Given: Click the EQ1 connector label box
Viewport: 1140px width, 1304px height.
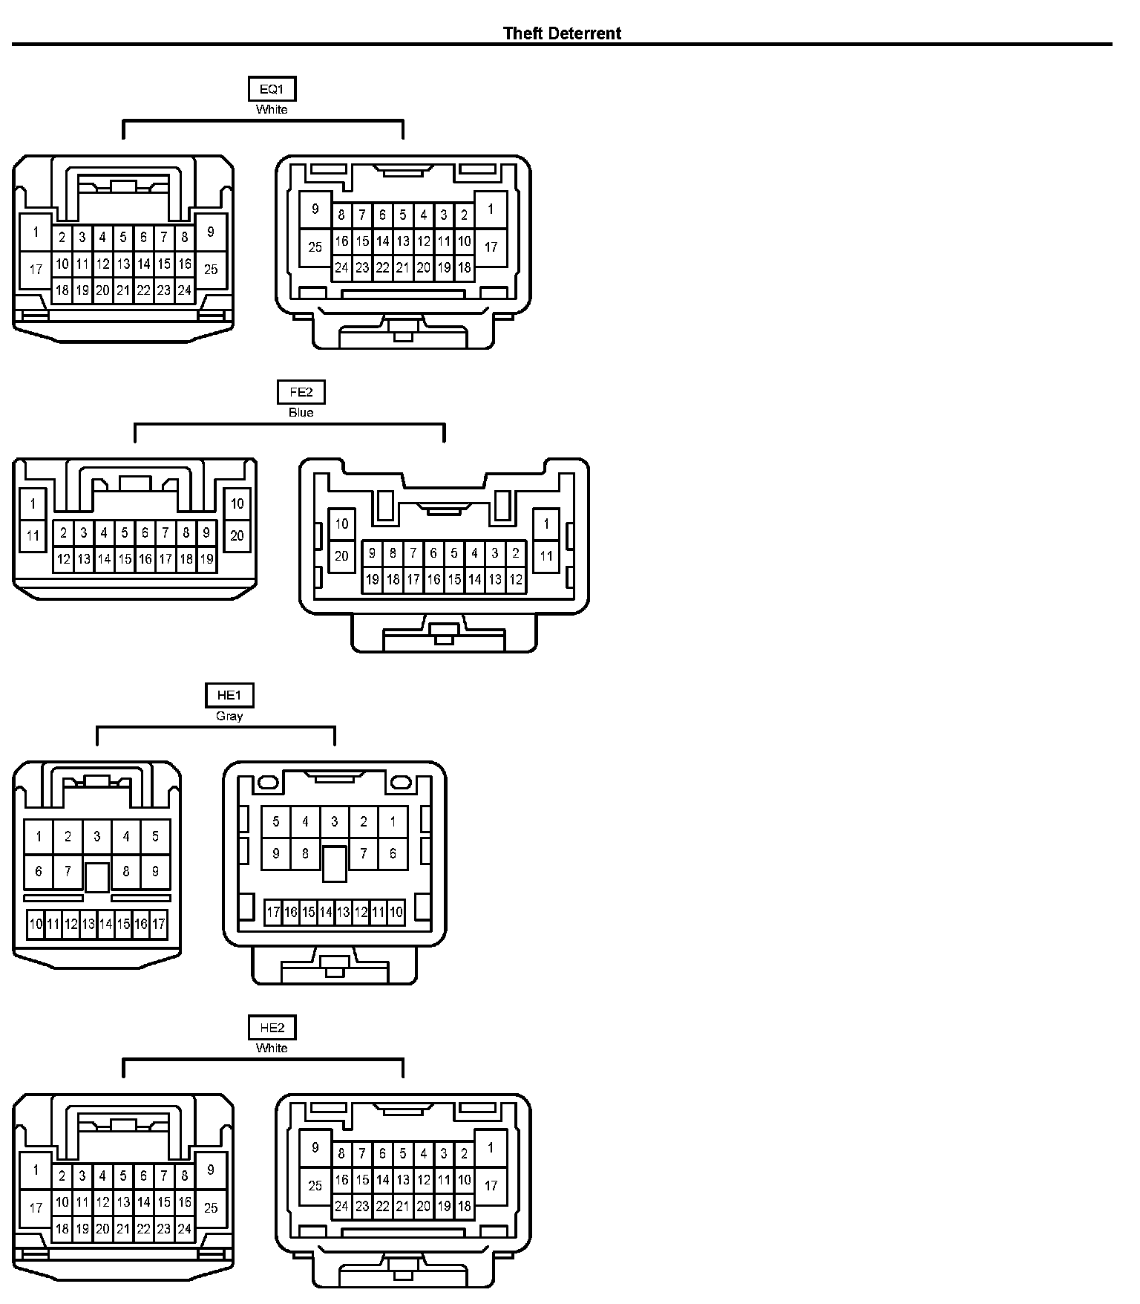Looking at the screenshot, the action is tap(272, 90).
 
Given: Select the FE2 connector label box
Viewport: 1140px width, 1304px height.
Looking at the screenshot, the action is tap(301, 392).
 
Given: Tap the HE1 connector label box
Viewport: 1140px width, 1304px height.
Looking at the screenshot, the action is tap(229, 695).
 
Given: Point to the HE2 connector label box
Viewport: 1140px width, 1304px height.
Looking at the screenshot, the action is tap(272, 1028).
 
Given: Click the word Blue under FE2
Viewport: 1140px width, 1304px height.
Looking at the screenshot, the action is tap(301, 412).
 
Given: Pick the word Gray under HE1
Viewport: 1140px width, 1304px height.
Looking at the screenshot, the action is tap(229, 716).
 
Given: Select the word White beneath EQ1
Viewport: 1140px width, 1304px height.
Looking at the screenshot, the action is tap(272, 109).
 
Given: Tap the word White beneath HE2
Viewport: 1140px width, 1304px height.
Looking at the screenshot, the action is tap(272, 1048).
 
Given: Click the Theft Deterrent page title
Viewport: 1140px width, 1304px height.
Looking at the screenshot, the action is tap(562, 33).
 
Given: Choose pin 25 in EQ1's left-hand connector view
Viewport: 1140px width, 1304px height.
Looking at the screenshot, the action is tap(211, 269).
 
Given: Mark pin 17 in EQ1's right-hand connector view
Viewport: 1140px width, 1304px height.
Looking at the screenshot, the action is tap(491, 247).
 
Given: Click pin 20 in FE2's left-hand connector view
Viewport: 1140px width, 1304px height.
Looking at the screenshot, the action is tap(237, 535).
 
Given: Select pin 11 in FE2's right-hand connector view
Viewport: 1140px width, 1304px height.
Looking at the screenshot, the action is tap(546, 555).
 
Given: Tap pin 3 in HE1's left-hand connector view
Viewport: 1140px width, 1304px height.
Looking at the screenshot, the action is tap(96, 837).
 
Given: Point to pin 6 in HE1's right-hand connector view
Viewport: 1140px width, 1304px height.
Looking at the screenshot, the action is tap(393, 854).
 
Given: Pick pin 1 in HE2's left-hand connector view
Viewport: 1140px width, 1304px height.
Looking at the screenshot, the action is tap(36, 1170).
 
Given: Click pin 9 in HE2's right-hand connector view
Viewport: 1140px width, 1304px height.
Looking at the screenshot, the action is tap(315, 1147).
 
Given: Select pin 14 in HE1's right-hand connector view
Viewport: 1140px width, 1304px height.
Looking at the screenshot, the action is tap(326, 912).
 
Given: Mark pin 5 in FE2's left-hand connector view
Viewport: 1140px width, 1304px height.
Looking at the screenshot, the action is tap(125, 532).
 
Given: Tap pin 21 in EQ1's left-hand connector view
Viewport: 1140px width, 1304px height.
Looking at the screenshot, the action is tap(123, 290).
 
